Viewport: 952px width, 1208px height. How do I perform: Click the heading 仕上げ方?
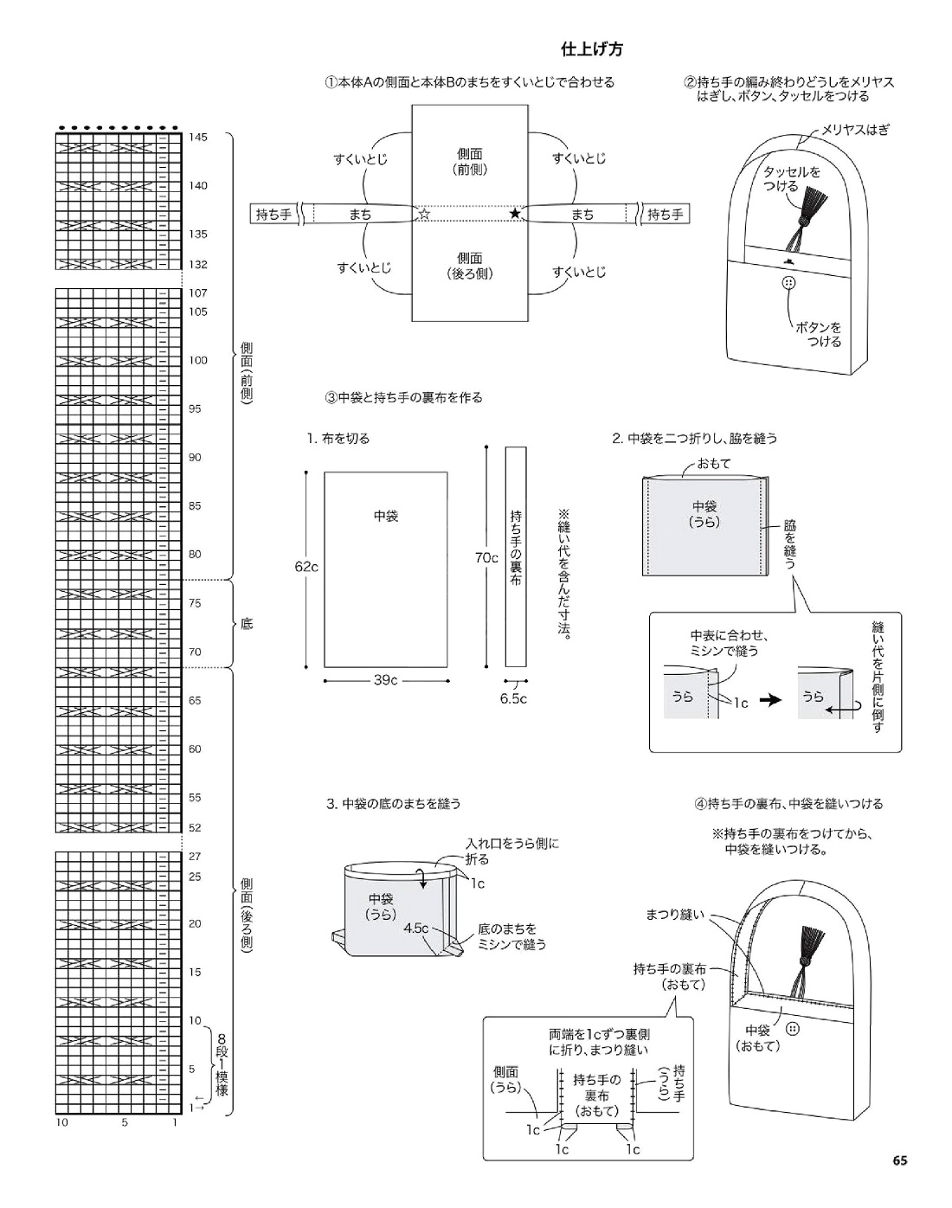click(592, 49)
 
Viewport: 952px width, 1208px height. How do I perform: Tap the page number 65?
click(899, 1160)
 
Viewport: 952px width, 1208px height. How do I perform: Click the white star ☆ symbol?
click(424, 214)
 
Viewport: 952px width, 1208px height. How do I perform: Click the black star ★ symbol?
click(516, 214)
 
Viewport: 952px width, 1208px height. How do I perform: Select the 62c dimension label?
click(306, 567)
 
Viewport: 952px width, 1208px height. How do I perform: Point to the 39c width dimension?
click(385, 680)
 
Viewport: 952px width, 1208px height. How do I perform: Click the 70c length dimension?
click(486, 558)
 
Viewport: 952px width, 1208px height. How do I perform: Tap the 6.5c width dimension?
click(513, 698)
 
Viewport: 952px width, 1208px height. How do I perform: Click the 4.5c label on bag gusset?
click(415, 928)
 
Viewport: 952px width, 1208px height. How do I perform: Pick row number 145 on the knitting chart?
click(198, 138)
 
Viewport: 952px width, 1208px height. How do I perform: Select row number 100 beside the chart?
click(198, 360)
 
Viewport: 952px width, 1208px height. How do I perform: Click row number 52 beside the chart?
click(195, 828)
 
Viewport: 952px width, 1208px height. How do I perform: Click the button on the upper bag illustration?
click(788, 283)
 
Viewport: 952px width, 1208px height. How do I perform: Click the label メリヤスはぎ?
click(855, 130)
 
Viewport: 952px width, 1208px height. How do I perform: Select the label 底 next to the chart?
click(247, 624)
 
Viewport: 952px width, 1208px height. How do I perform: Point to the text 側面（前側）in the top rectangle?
click(470, 162)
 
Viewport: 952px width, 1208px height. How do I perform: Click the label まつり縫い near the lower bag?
click(676, 914)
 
